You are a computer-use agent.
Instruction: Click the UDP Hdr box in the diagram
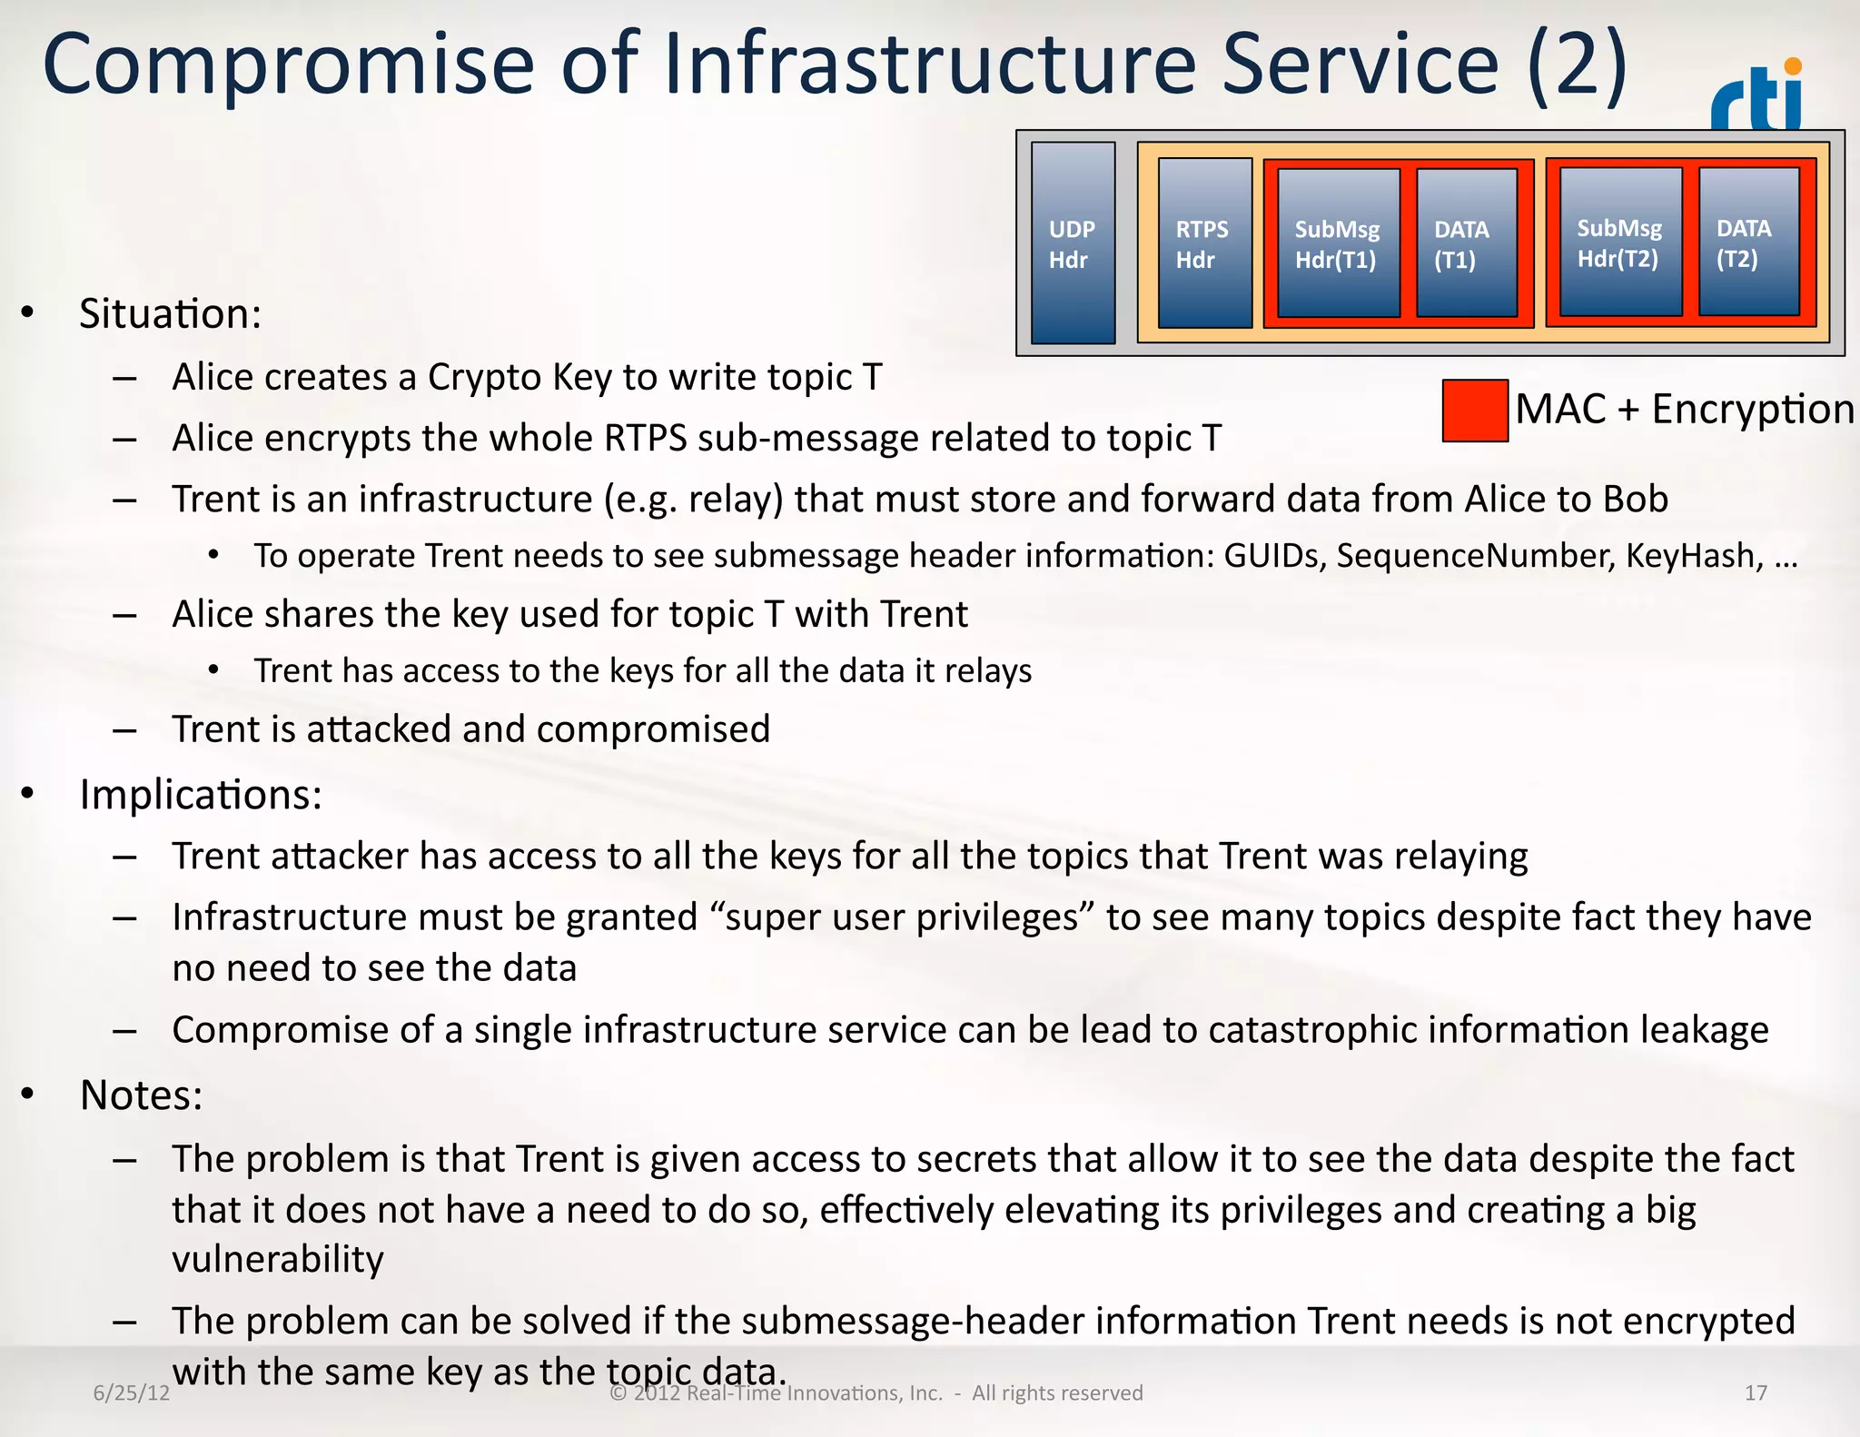(x=1073, y=243)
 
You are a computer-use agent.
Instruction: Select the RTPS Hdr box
(x=1204, y=243)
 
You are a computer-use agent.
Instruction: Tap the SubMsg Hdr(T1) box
(x=1338, y=243)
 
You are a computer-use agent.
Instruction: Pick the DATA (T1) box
(x=1466, y=243)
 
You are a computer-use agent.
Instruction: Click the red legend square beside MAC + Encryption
(x=1475, y=411)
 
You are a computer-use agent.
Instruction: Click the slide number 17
(x=1756, y=1393)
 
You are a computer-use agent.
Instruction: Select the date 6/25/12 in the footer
(x=132, y=1393)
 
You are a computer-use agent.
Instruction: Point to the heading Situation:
(x=170, y=314)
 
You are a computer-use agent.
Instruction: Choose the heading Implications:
(x=201, y=795)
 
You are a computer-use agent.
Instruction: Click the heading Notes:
(x=141, y=1095)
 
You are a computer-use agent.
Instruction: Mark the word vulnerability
(x=278, y=1260)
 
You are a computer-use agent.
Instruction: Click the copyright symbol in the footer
(x=618, y=1393)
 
